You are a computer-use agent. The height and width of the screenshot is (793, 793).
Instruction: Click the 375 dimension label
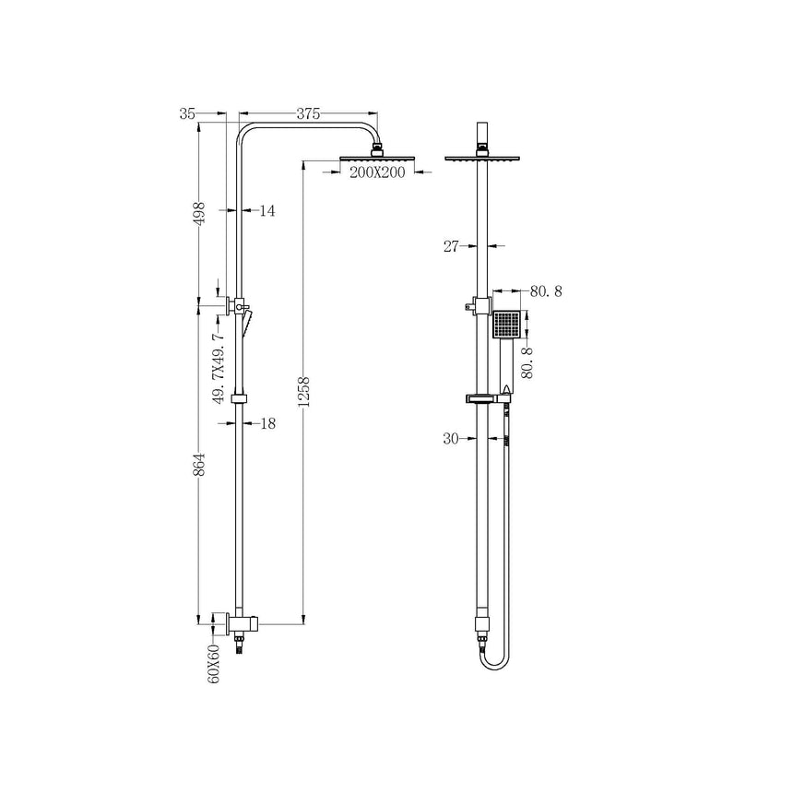click(x=308, y=114)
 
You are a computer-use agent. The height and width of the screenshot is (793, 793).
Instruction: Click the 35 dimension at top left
click(x=188, y=114)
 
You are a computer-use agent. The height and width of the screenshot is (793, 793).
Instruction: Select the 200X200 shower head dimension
click(x=378, y=173)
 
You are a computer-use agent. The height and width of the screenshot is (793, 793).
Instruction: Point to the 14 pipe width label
click(x=266, y=211)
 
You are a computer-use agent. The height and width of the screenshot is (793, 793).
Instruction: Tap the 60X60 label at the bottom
click(x=214, y=664)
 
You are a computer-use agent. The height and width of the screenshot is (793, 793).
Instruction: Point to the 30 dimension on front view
click(x=451, y=439)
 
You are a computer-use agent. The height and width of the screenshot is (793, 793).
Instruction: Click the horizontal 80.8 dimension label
click(x=546, y=291)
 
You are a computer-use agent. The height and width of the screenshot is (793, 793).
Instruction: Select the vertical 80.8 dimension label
click(x=528, y=361)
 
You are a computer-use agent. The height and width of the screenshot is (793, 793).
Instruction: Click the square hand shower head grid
click(x=506, y=325)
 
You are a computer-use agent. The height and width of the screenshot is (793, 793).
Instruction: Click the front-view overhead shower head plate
click(x=482, y=158)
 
